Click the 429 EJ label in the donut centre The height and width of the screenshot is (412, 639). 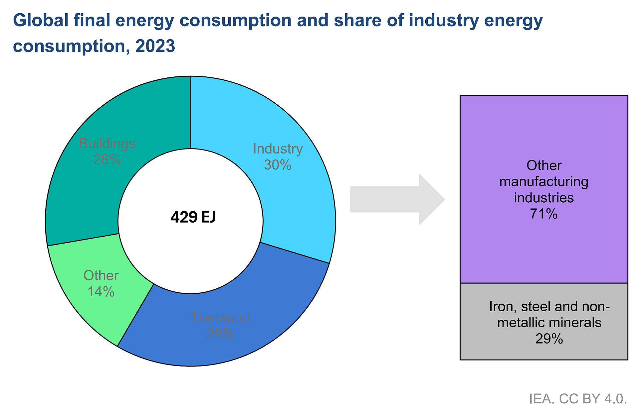(193, 217)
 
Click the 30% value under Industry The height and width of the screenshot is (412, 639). (278, 165)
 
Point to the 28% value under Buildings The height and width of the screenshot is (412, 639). (107, 159)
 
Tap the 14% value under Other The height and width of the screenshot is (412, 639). (101, 292)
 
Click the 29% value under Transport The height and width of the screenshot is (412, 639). (220, 333)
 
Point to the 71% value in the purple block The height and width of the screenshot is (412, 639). (544, 214)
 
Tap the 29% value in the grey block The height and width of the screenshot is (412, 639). (549, 339)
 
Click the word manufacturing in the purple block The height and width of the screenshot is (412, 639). (544, 182)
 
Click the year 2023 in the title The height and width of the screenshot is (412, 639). (155, 46)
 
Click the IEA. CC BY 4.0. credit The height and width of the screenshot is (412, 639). (578, 399)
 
